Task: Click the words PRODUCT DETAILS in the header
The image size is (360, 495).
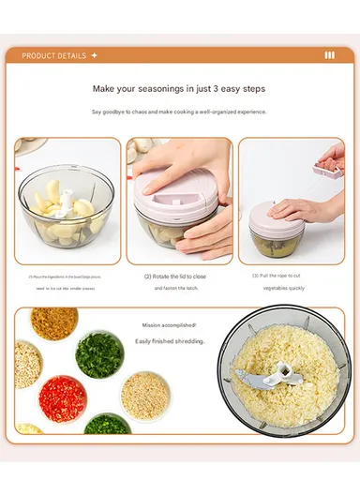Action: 54,55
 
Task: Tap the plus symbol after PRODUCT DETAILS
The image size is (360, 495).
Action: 94,55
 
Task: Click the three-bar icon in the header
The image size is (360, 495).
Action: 329,55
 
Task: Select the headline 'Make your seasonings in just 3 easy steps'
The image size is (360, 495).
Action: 178,89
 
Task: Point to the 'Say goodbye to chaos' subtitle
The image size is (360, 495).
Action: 178,112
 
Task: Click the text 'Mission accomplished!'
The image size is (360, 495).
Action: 170,325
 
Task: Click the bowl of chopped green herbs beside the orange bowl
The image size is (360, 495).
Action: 100,355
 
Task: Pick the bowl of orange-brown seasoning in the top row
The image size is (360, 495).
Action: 53,323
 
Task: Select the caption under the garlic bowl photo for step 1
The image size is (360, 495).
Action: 67,282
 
